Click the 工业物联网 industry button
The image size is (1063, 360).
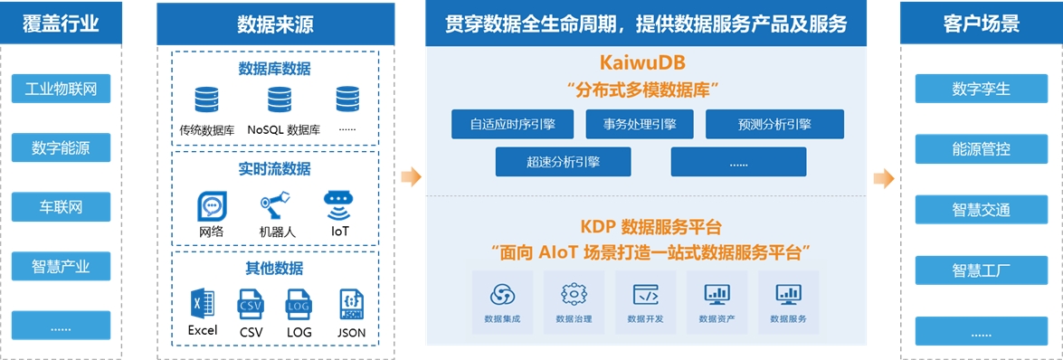click(61, 89)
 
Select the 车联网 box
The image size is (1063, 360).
click(61, 206)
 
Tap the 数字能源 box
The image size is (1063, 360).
click(61, 147)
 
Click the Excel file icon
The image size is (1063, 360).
click(204, 304)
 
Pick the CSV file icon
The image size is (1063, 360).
click(251, 304)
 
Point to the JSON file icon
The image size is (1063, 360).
click(351, 304)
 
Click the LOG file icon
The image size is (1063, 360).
click(299, 304)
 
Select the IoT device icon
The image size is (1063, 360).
click(339, 206)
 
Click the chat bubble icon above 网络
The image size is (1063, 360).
click(213, 206)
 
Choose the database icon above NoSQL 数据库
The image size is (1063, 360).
click(279, 99)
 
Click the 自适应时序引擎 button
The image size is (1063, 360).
click(513, 124)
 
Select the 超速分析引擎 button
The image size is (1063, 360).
click(564, 162)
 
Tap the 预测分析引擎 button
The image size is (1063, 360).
click(775, 124)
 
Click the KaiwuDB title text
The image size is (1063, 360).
click(642, 63)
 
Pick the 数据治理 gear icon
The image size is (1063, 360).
click(574, 294)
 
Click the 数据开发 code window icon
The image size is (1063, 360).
click(645, 294)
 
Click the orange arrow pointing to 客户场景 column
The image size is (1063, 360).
click(884, 178)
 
